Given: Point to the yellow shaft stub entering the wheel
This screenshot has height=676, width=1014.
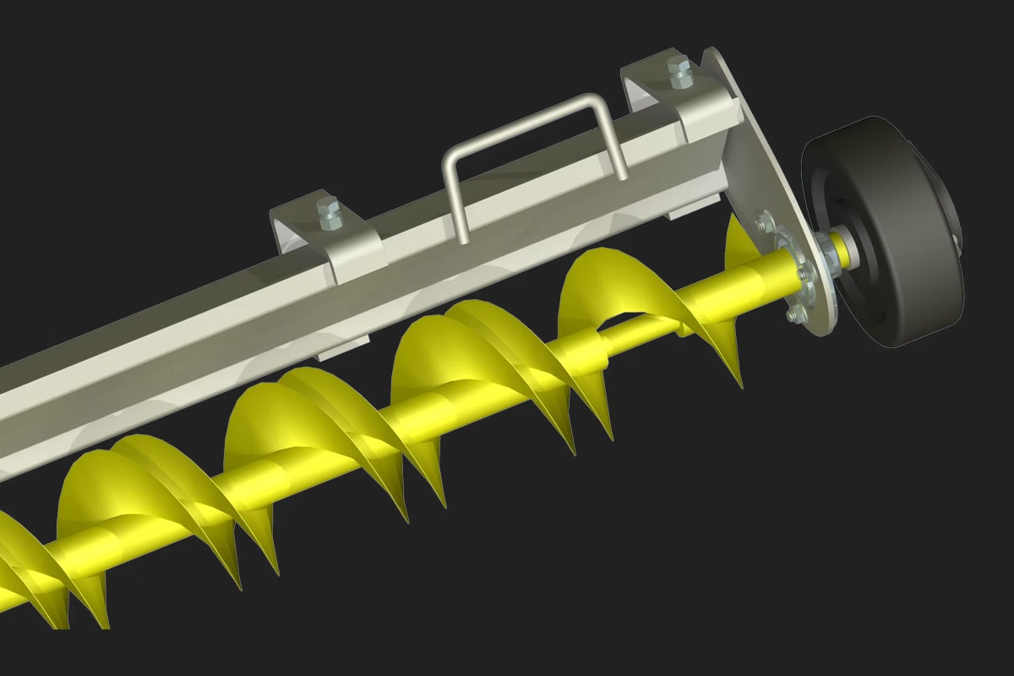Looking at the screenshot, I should point(839,248).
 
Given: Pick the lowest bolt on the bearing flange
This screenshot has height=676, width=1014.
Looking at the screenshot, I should point(793,315).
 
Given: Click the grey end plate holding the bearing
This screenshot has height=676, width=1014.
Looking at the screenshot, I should point(760,169).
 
